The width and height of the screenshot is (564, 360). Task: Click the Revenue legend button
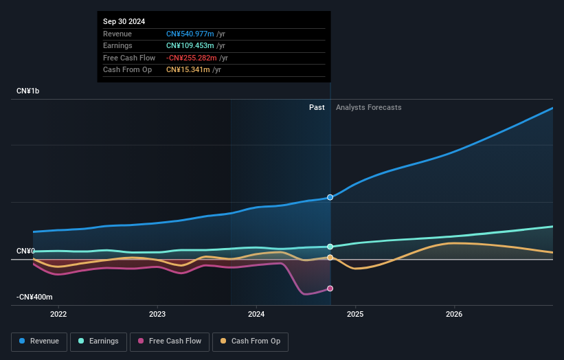tap(39, 341)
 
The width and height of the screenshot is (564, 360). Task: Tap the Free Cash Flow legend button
tap(170, 341)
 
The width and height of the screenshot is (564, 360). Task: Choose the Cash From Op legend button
tap(251, 341)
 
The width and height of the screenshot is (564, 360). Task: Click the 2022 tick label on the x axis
tap(58, 315)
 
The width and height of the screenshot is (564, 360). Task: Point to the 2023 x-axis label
tap(157, 315)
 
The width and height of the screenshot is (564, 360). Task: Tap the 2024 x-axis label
tap(256, 315)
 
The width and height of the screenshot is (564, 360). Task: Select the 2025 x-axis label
tap(355, 315)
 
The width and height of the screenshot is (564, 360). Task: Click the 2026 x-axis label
tap(454, 315)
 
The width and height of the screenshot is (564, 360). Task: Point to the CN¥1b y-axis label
tap(28, 91)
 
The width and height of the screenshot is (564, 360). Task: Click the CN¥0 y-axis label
tap(25, 251)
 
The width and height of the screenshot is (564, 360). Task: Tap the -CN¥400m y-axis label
tap(34, 297)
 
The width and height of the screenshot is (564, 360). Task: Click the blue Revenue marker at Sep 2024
tap(330, 197)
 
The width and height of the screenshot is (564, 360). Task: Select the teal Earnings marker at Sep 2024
tap(330, 247)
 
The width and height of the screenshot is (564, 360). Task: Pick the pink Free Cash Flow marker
tap(330, 289)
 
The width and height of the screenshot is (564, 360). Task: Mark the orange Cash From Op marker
tap(330, 258)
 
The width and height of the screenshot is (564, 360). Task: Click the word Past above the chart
tap(317, 107)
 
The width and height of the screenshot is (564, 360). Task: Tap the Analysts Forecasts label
tap(368, 107)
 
